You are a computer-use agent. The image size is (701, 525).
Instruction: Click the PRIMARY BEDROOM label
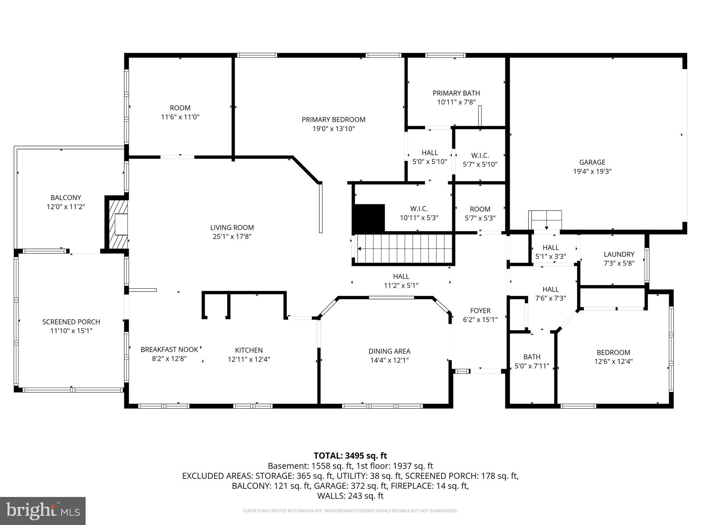point(333,120)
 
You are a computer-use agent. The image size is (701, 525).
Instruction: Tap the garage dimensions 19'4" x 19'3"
point(592,172)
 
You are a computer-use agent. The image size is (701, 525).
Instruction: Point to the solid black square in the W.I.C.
point(369,218)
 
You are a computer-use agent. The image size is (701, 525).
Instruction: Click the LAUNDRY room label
point(619,254)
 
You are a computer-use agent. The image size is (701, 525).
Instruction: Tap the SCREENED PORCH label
point(71,322)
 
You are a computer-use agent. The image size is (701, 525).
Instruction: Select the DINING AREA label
point(389,351)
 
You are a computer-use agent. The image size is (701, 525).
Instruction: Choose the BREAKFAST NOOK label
point(169,350)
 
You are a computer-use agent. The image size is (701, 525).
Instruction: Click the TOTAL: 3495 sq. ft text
point(350,456)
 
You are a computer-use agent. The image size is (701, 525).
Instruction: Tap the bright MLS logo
point(43,511)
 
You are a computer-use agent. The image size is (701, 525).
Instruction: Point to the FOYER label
point(480,311)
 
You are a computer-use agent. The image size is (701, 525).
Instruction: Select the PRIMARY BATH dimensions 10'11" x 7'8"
point(456,102)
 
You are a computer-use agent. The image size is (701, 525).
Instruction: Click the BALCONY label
point(66,198)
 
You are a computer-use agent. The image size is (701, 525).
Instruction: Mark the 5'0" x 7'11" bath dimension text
point(532,366)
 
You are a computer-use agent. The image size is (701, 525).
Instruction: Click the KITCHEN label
point(249,350)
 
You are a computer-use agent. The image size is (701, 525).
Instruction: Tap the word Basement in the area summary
point(287,466)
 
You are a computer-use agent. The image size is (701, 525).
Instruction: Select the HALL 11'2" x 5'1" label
point(401,276)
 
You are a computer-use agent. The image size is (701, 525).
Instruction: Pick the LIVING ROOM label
point(232,228)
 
